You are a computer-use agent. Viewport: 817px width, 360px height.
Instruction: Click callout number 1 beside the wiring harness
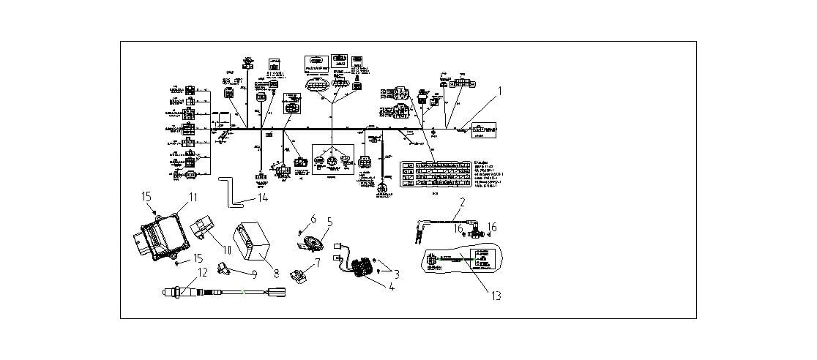point(500,91)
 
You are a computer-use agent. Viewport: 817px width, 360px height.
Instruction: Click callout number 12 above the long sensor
point(203,272)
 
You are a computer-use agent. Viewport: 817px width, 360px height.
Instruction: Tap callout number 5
point(329,221)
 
